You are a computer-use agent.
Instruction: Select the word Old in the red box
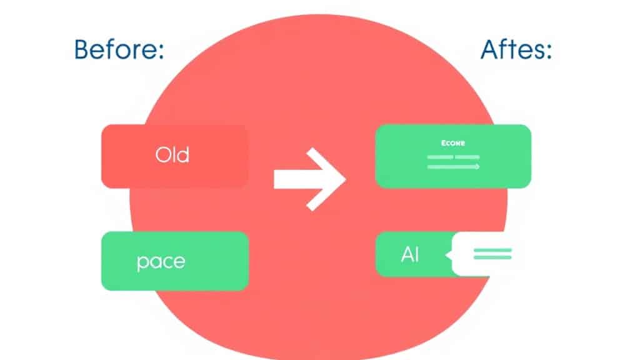[172, 154]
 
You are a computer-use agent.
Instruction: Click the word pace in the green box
[161, 260]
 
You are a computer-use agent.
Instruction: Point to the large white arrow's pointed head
[342, 179]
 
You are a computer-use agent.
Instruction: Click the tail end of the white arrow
[277, 179]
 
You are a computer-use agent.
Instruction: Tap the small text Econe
[452, 142]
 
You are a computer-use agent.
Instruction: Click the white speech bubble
[484, 254]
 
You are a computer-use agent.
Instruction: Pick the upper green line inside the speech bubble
[492, 250]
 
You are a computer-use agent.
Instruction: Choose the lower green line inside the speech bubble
[492, 257]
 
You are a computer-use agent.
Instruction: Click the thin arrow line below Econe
[453, 167]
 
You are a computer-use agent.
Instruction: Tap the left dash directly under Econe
[440, 157]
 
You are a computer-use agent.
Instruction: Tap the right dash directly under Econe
[467, 157]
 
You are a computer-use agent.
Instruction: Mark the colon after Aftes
[548, 52]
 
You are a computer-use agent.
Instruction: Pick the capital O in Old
[161, 154]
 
